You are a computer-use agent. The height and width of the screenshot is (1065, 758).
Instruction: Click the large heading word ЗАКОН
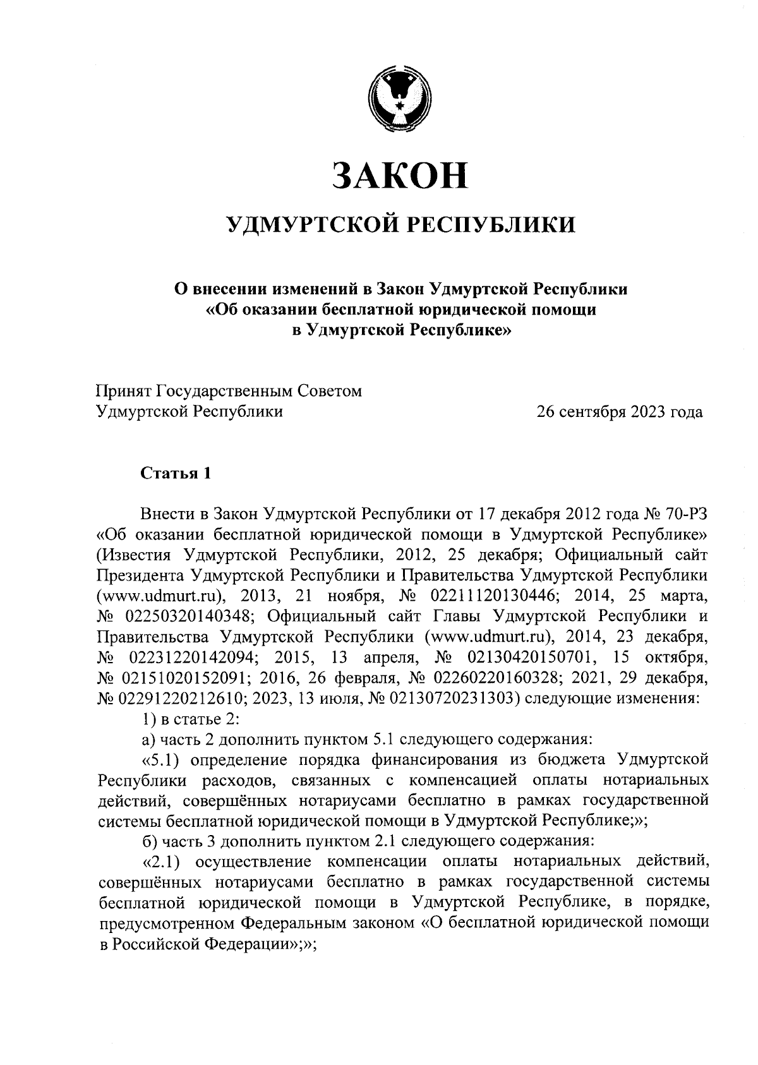400,175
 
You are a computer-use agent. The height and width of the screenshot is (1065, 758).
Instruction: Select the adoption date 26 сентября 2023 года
619,412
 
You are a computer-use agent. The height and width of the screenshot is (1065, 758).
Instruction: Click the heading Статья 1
174,474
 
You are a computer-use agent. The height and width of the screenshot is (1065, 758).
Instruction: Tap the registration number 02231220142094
183,657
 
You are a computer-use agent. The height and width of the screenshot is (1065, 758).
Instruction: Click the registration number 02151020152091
183,678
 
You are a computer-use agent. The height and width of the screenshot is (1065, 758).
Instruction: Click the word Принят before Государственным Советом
123,392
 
